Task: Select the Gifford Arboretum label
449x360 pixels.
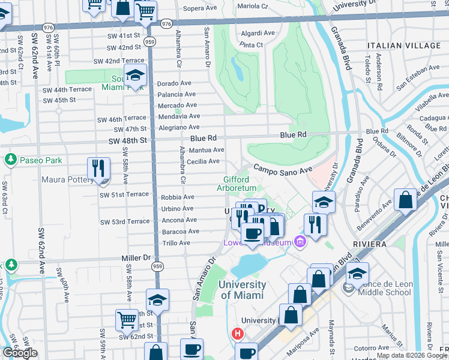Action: [240, 184]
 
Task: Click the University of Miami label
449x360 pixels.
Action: [243, 290]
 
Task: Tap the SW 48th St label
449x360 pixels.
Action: [127, 140]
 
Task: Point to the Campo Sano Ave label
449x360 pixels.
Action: [282, 170]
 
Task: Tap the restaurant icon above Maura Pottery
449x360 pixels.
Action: [98, 168]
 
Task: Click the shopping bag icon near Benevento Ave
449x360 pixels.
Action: [406, 200]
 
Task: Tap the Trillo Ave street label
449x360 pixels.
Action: [176, 243]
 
